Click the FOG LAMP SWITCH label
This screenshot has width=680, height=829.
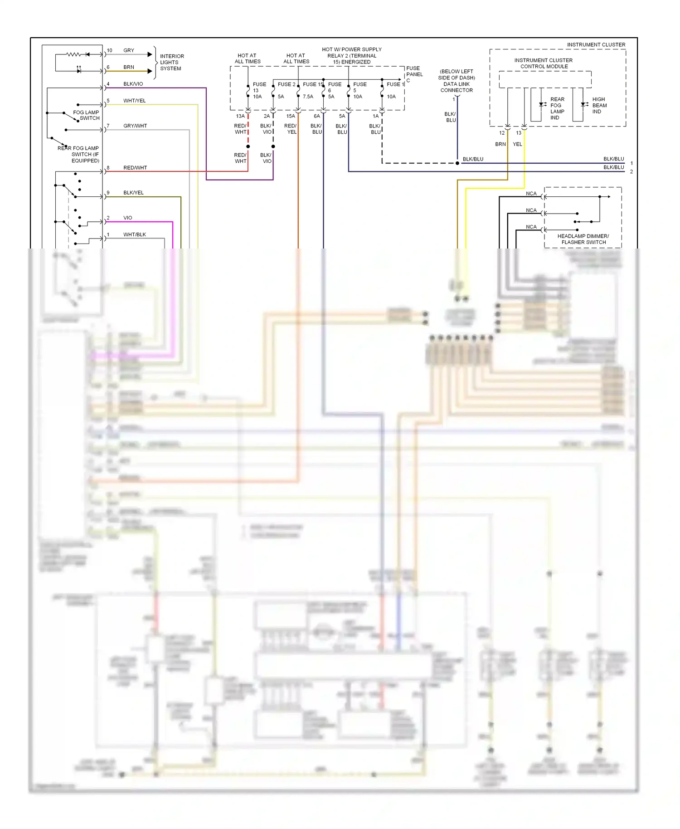click(86, 115)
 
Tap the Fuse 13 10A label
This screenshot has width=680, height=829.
click(259, 90)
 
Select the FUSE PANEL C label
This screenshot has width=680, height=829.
click(414, 74)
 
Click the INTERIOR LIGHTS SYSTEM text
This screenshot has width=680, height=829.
click(171, 62)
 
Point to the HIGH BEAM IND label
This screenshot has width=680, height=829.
click(599, 105)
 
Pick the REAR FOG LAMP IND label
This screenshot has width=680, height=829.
click(557, 108)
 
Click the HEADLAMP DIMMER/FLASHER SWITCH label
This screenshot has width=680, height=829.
click(583, 239)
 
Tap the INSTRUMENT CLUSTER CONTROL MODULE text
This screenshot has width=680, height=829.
click(543, 63)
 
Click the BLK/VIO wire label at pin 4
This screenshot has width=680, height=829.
click(133, 84)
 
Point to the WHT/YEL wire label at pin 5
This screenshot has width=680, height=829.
click(134, 101)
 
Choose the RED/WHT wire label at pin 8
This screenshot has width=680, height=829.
click(135, 168)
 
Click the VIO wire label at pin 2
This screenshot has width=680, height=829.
click(128, 218)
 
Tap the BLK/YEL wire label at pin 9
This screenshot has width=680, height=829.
click(133, 193)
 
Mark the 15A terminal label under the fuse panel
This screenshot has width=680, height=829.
click(291, 116)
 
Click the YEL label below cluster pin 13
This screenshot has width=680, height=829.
click(517, 144)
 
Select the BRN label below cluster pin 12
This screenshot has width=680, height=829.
click(500, 144)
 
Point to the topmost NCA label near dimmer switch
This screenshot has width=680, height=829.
click(531, 194)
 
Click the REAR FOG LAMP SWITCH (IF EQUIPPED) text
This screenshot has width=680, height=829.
click(79, 154)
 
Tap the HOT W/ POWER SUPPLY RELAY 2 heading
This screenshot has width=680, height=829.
click(351, 55)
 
